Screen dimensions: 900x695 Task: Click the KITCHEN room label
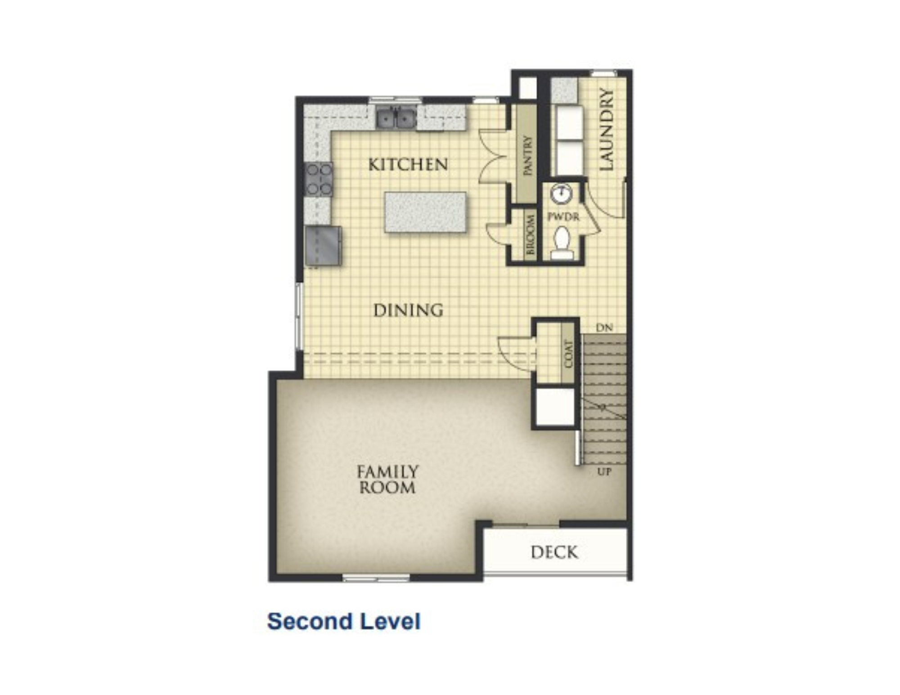(x=408, y=165)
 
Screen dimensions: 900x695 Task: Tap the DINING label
(x=408, y=310)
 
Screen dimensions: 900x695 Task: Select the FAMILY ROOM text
(x=387, y=480)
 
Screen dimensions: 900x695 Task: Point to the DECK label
(x=554, y=552)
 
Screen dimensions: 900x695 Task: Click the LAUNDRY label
(x=607, y=130)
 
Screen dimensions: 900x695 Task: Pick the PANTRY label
(x=527, y=155)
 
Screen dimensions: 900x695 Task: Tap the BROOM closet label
(x=530, y=234)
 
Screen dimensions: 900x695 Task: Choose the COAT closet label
(x=568, y=354)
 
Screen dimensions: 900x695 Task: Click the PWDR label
(x=563, y=217)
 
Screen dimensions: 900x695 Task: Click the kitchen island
(x=425, y=212)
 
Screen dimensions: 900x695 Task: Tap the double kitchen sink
(x=396, y=118)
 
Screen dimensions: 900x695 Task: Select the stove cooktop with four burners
(x=319, y=179)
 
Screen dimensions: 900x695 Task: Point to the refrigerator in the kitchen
(x=323, y=246)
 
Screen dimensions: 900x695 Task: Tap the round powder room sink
(x=561, y=193)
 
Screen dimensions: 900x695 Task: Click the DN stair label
(x=604, y=327)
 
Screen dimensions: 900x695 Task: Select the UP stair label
(x=604, y=472)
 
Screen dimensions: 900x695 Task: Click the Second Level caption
(x=344, y=622)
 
